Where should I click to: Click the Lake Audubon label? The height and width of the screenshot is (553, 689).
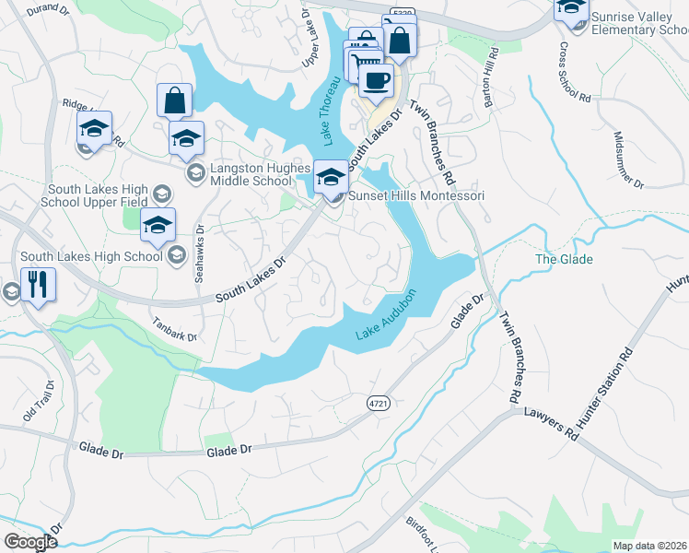(x=387, y=320)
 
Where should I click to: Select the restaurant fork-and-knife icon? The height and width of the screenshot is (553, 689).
(x=37, y=284)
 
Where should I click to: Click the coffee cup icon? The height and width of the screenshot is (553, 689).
(x=375, y=80)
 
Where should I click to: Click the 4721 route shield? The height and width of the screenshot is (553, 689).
(x=377, y=405)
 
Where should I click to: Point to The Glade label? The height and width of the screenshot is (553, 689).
(x=564, y=259)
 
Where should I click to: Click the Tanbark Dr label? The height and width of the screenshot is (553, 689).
(x=175, y=330)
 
